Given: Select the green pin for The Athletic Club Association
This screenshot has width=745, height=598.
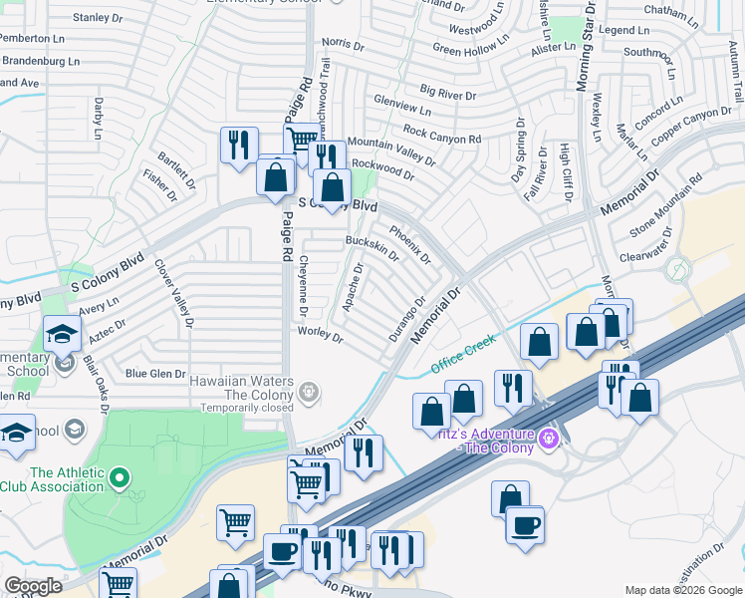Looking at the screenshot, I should coord(121,479).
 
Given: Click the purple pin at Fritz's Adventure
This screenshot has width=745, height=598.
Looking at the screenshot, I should coord(546,438).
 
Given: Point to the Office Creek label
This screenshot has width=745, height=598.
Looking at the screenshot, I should coord(463,355).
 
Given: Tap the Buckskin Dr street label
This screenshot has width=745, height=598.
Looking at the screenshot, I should coord(372,248).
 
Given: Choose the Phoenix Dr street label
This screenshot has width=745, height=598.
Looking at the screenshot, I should coord(409,244).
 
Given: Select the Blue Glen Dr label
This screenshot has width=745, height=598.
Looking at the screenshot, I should coord(155,374).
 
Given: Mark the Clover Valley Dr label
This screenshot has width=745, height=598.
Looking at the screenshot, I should coord(173,294).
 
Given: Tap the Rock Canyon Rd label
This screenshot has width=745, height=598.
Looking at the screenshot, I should coord(442,135).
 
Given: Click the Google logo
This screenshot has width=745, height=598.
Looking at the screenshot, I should coord(33,586).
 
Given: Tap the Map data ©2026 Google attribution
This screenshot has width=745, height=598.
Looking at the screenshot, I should coord(682,590).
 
